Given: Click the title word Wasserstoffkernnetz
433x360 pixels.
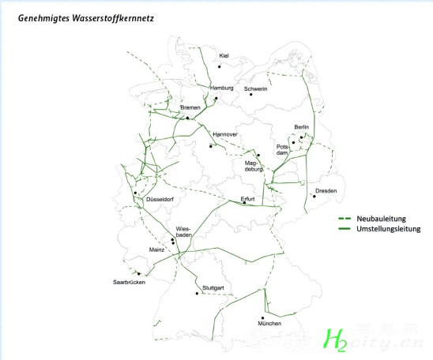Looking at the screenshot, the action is coord(113,18).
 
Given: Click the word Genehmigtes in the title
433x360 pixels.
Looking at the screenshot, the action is coord(43,18).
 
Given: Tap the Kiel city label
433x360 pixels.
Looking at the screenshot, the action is coord(224,56).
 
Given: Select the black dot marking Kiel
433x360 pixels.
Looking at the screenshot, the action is coord(219,66).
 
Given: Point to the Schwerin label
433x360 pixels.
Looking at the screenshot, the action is coord(255,89).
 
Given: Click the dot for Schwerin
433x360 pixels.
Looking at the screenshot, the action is coord(251,95).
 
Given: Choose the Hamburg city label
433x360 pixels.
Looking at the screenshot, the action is coord(221,88).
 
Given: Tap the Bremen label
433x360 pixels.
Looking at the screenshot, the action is coord(190,107).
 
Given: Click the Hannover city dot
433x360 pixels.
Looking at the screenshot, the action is coord(211,146).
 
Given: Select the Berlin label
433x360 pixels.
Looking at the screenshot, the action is coord(302,127).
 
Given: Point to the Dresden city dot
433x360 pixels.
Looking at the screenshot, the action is coord(314,196).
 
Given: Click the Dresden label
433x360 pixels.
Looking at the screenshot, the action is coord(326,191).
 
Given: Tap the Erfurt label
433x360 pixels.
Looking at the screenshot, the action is coord(247,199).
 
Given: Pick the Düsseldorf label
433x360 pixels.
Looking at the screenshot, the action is coord(160,200).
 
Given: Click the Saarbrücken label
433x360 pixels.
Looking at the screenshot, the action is coord(129,282).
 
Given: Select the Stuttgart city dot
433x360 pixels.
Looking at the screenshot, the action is coord(197,293).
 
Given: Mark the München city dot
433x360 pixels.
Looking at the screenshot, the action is coord(262,318).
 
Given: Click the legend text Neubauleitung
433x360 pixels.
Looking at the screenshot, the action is coord(381,219).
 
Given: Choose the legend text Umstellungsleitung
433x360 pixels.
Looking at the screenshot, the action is coord(389,229).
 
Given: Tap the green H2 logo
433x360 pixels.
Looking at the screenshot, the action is coord(335,339).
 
